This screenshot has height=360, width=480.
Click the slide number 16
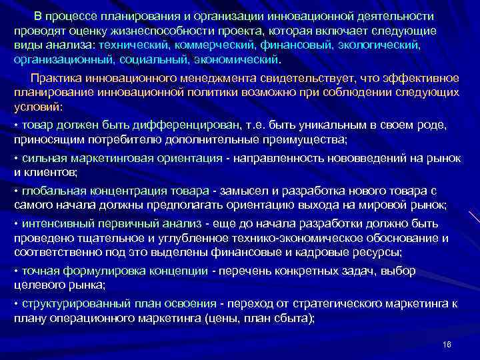pos(446,344)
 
